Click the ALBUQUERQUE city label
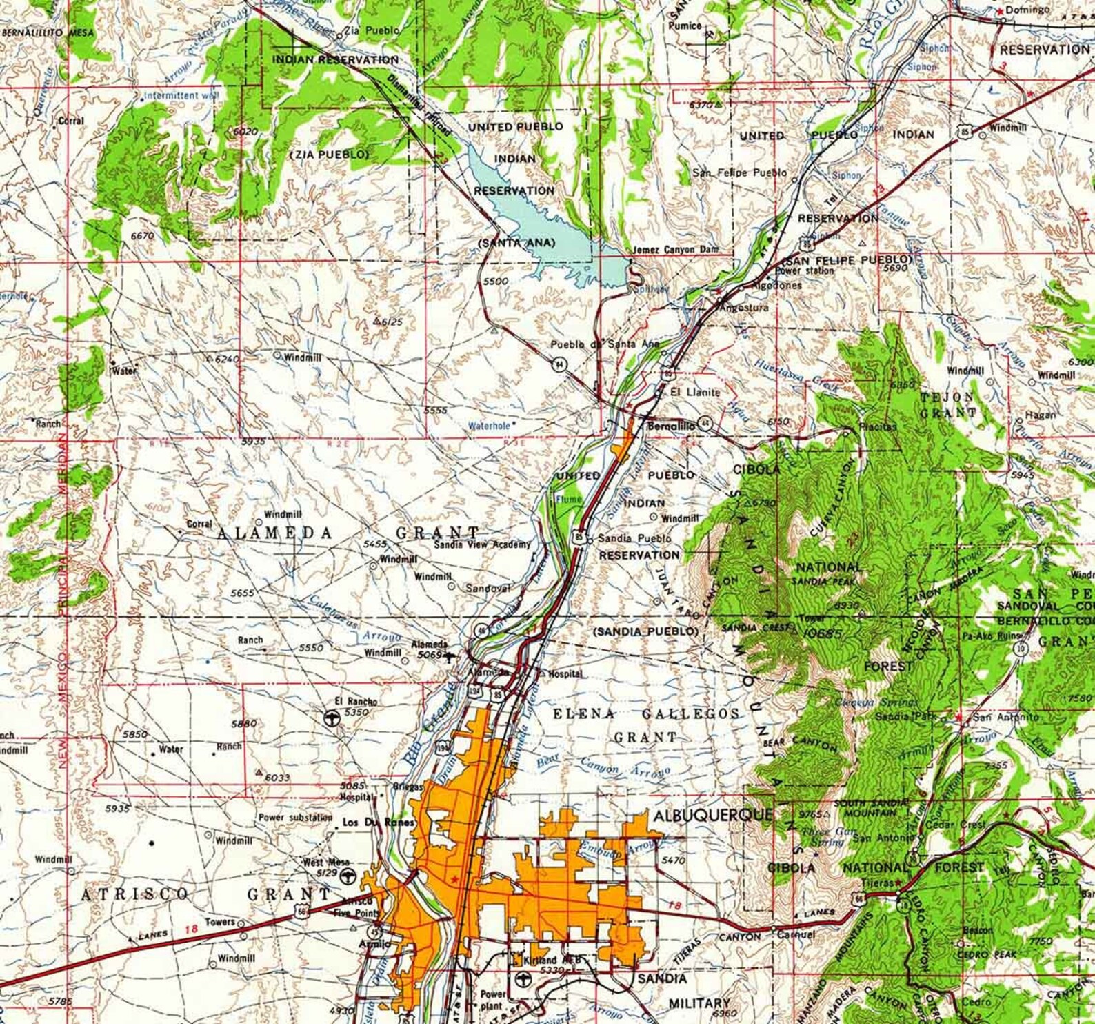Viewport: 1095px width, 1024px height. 713,815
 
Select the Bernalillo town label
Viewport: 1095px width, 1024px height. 671,426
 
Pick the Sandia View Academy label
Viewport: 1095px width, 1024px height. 482,544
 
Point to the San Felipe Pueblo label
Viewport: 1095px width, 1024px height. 739,173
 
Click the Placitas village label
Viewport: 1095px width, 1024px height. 877,426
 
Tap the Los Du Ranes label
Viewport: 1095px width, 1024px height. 379,823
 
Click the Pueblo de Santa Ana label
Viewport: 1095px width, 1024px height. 604,344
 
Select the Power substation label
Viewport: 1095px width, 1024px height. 295,818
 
